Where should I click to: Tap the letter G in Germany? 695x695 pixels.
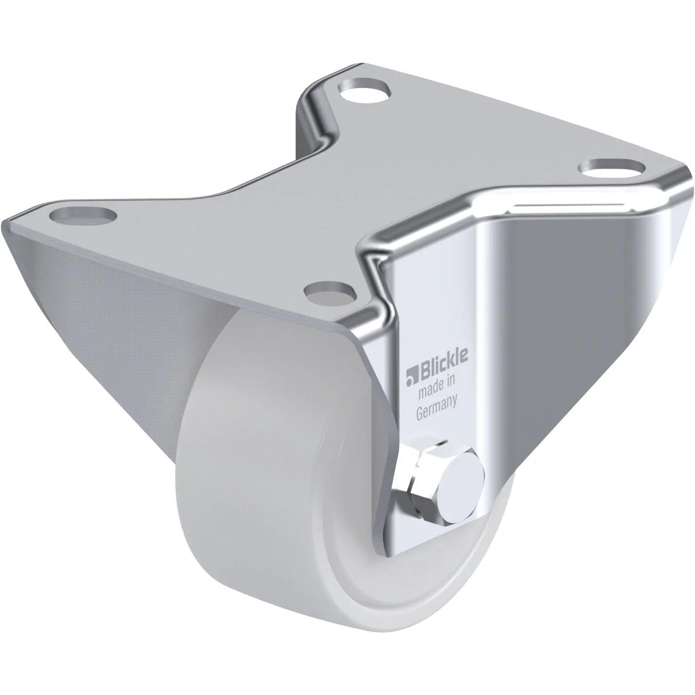421,413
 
